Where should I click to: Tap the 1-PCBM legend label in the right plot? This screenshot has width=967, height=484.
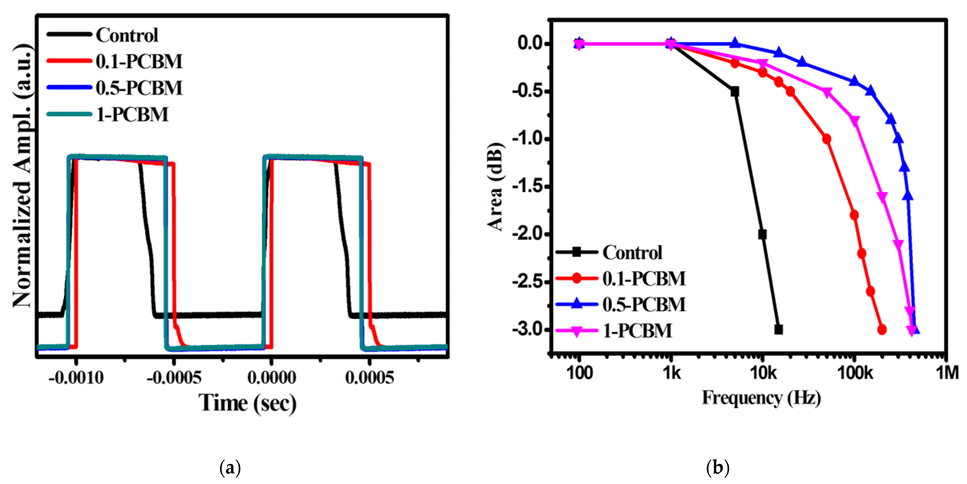point(637,331)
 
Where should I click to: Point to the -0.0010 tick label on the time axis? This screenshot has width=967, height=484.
point(76,377)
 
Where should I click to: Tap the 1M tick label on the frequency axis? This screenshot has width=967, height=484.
point(947,373)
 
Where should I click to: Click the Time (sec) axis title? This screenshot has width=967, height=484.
point(247,403)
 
